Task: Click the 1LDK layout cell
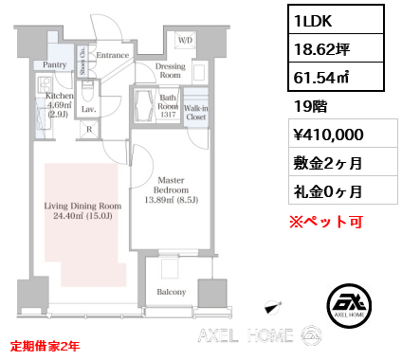[x=336, y=20]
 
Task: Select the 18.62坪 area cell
[x=336, y=48]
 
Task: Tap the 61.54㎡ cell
[x=336, y=77]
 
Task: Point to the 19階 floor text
[x=310, y=106]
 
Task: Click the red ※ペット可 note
[x=326, y=222]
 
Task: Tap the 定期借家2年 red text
[x=45, y=346]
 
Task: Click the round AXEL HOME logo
[x=349, y=306]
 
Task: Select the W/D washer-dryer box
[x=185, y=40]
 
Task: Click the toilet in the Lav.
[x=86, y=91]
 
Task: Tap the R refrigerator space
[x=89, y=130]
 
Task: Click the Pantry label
[x=54, y=64]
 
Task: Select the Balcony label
[x=172, y=292]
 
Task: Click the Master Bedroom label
[x=171, y=185]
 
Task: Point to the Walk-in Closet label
[x=196, y=113]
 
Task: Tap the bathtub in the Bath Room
[x=144, y=105]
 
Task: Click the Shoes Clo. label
[x=82, y=61]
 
